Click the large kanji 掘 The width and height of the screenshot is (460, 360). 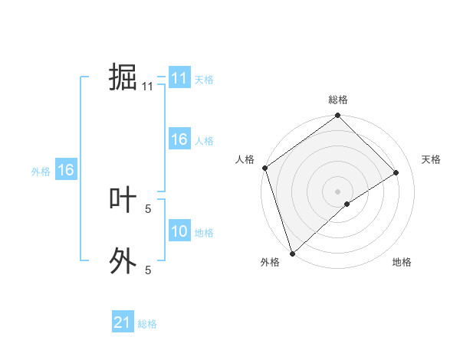click(123, 78)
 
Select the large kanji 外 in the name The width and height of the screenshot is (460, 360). click(123, 260)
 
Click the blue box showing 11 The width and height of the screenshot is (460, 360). click(179, 78)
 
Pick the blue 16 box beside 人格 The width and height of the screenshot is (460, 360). click(179, 139)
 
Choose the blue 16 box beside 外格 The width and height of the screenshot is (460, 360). click(65, 170)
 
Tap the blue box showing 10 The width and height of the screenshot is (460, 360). click(179, 231)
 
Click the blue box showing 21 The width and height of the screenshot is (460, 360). click(123, 322)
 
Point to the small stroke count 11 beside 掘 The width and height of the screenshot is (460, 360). click(148, 87)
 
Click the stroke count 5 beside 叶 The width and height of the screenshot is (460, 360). click(148, 208)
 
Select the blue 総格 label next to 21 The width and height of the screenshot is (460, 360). click(147, 324)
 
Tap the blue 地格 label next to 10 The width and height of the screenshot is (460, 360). click(204, 233)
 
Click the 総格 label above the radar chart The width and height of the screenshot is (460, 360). click(338, 100)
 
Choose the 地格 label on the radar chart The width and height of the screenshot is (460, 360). click(402, 262)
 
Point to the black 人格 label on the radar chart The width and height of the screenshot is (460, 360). click(245, 159)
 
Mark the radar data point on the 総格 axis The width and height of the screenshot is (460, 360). click(338, 116)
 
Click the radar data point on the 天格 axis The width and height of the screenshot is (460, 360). click(396, 172)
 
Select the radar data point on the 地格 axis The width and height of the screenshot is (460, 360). click(347, 204)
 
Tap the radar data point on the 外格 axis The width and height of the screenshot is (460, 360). click(292, 253)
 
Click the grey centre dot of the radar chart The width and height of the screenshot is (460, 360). click(338, 191)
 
